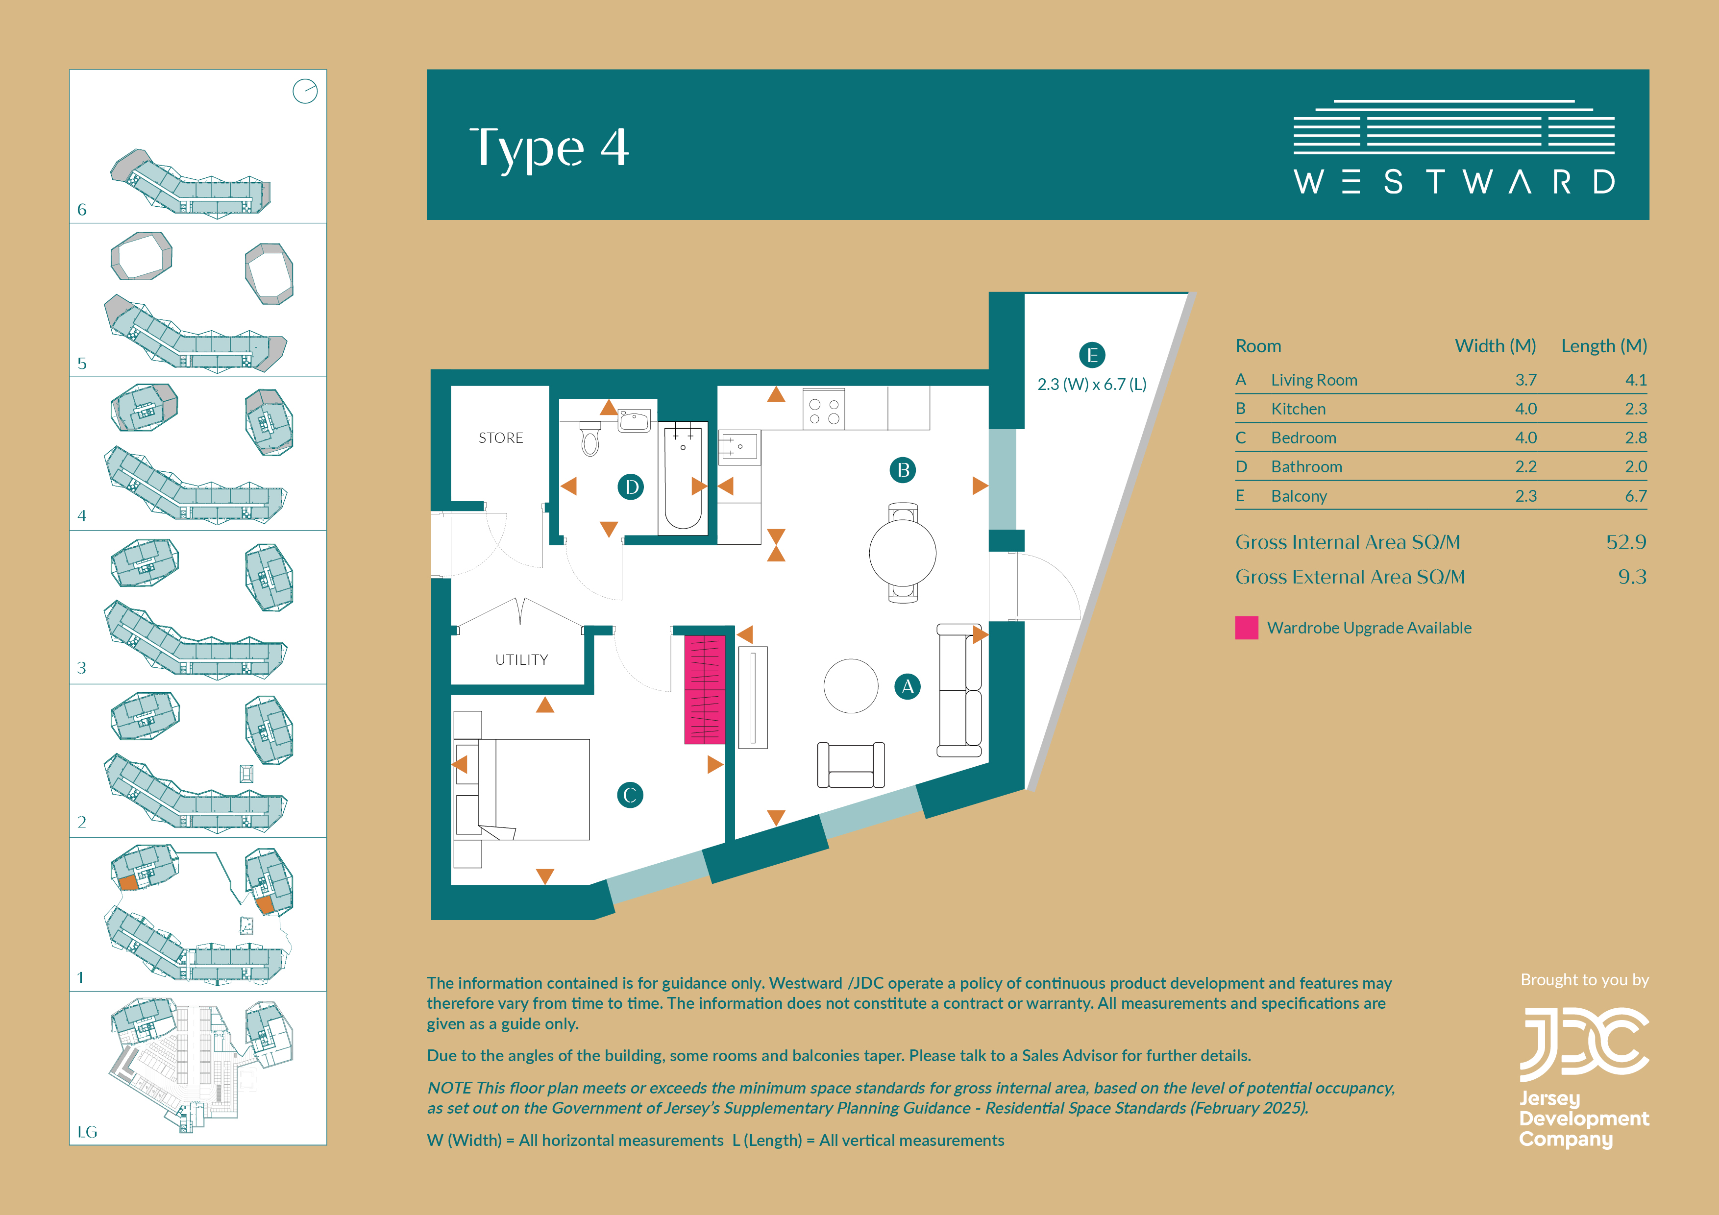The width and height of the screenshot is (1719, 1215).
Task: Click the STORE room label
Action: [501, 438]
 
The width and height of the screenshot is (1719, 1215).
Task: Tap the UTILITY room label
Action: [522, 659]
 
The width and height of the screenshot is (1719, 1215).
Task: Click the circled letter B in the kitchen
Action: [903, 470]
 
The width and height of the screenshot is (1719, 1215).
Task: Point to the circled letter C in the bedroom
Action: [630, 795]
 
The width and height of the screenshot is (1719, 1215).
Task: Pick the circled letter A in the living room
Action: [908, 686]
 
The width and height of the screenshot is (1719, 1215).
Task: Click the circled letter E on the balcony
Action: [1092, 355]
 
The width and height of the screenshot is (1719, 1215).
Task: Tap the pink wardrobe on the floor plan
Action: [705, 689]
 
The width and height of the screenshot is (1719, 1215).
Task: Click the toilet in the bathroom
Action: [590, 438]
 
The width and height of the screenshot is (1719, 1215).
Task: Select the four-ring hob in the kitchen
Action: [824, 410]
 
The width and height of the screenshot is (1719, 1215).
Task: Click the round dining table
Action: [902, 553]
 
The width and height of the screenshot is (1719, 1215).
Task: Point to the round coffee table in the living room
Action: [851, 686]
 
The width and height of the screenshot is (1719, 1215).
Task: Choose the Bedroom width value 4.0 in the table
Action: [1526, 438]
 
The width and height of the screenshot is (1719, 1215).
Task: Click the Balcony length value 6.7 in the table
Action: [1636, 496]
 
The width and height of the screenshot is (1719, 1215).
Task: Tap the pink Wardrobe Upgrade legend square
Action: [1247, 627]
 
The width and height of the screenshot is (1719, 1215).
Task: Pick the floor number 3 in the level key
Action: [82, 668]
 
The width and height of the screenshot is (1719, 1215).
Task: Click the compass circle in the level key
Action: [305, 91]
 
